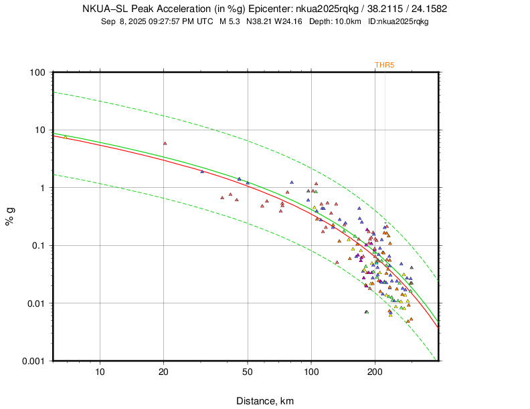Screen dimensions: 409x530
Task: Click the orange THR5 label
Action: [x=383, y=65]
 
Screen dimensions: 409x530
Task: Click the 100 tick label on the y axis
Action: [x=37, y=72]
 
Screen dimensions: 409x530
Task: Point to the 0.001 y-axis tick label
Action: [x=33, y=361]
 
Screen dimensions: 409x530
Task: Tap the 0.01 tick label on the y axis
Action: [x=36, y=303]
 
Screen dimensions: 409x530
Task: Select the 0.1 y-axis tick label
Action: [x=38, y=246]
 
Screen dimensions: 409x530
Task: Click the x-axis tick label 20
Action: [x=164, y=372]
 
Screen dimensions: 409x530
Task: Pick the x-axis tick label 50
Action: [x=248, y=372]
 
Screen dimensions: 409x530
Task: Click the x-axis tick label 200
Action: [x=375, y=372]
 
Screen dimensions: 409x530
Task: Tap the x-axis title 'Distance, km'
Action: [x=264, y=401]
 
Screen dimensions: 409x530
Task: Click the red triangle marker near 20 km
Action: [x=165, y=143]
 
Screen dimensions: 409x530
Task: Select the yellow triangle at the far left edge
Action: [x=65, y=136]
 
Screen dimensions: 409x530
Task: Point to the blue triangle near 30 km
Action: [x=202, y=171]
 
